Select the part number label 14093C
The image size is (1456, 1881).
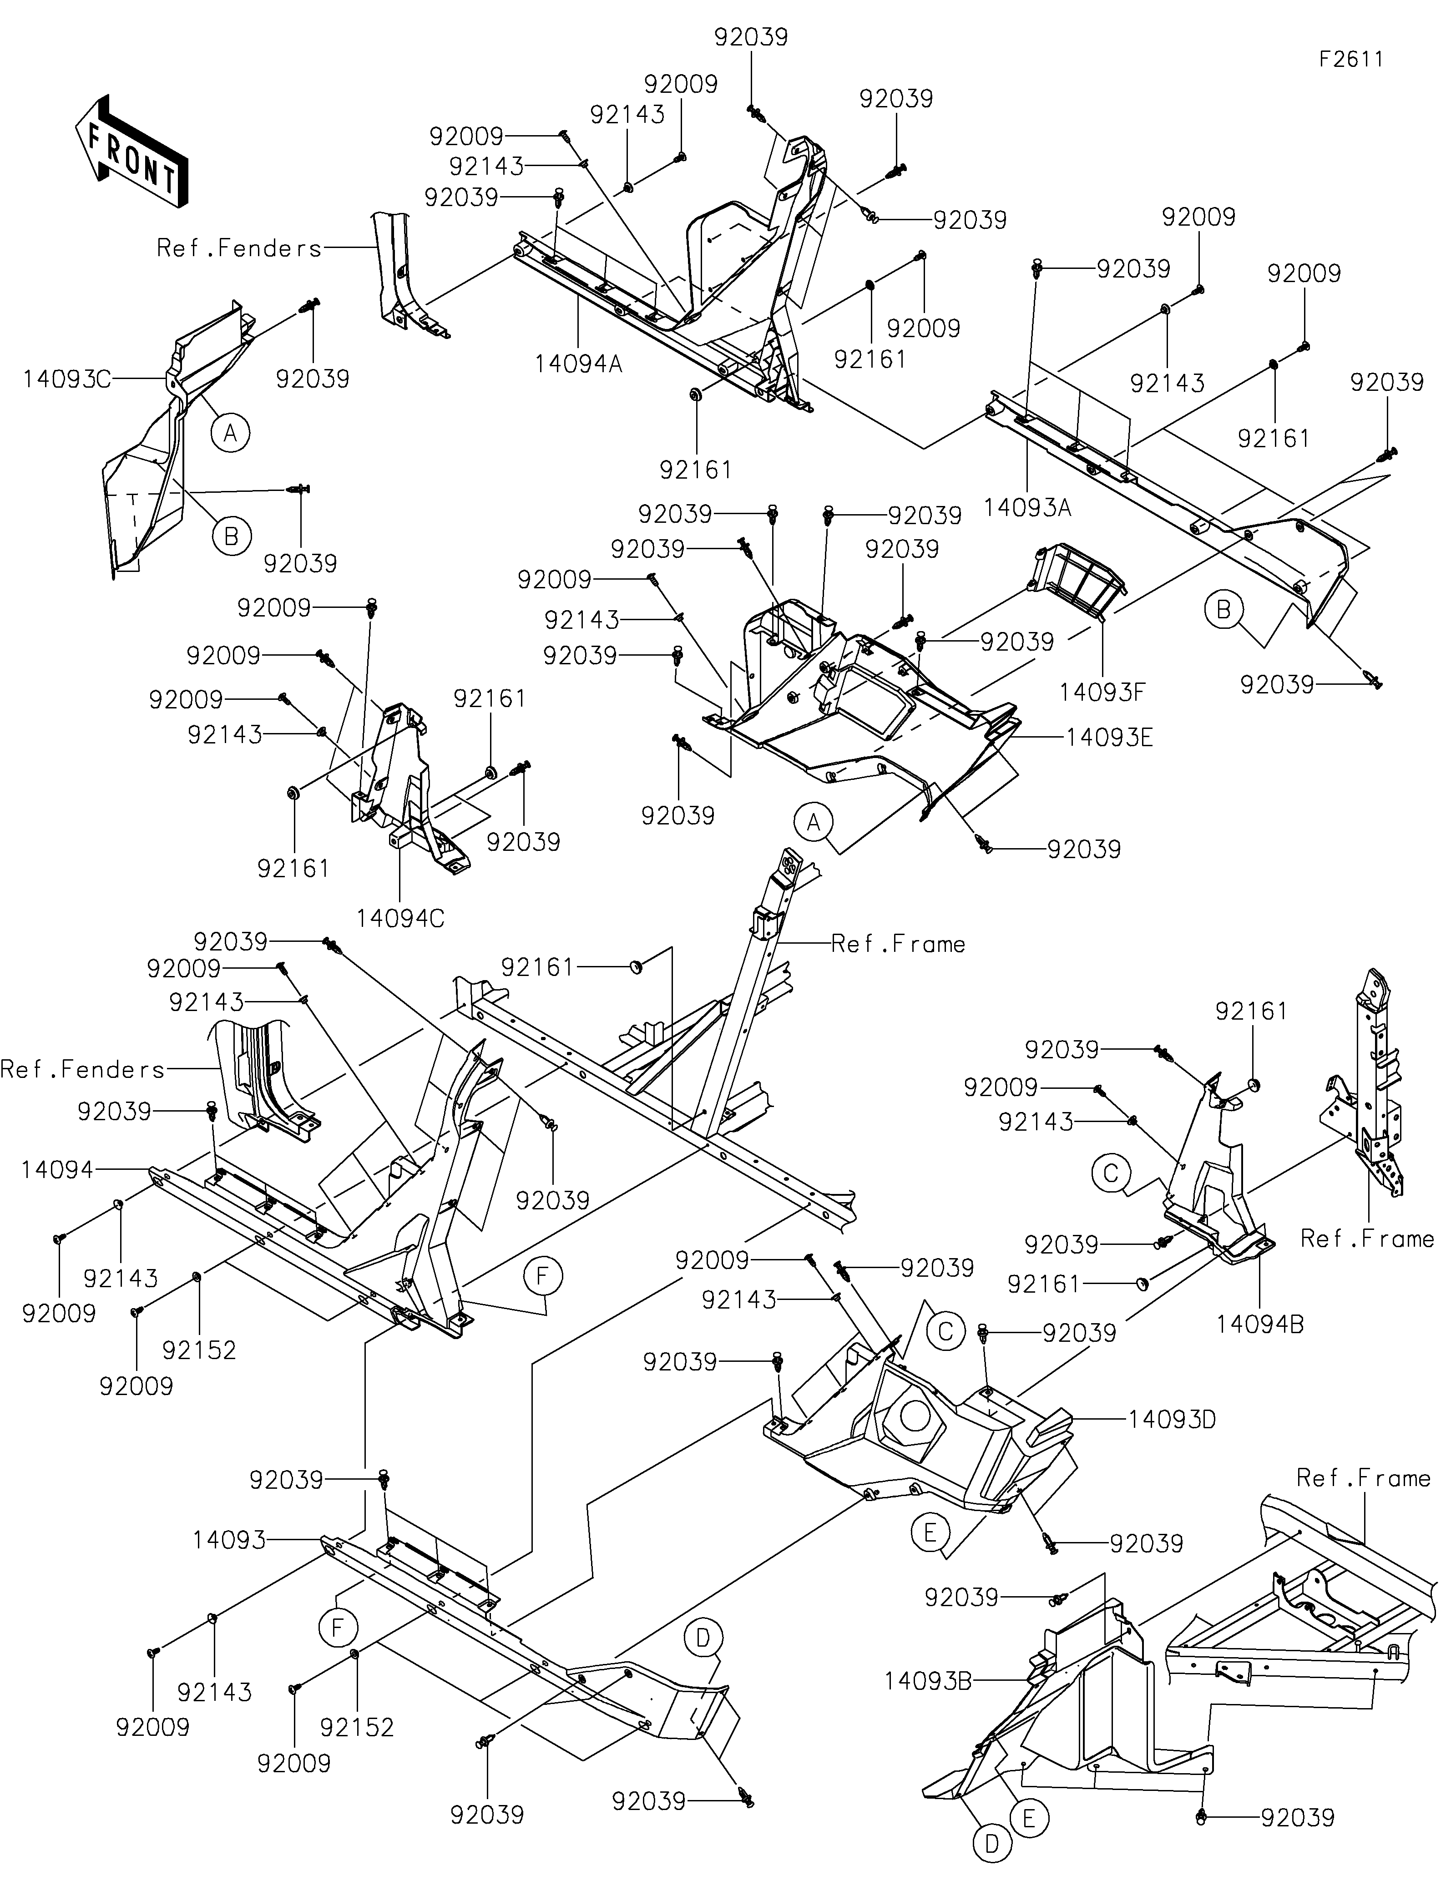point(67,379)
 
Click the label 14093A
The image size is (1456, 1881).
point(1027,508)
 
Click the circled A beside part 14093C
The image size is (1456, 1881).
point(230,432)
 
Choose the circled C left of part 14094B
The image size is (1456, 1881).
point(1111,1173)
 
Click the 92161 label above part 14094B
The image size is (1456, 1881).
point(1251,1011)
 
